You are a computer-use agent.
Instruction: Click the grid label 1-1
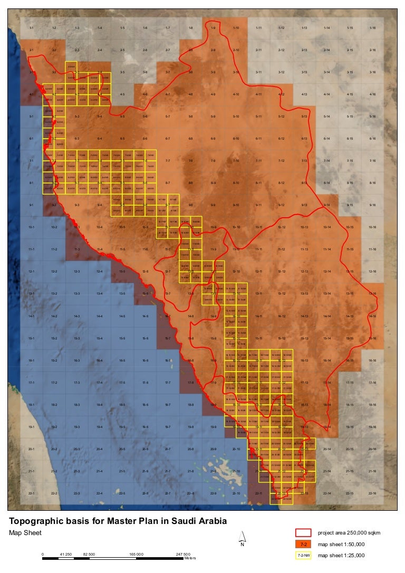point(32,27)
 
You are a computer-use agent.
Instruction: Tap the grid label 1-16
point(372,27)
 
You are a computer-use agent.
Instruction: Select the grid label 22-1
point(32,493)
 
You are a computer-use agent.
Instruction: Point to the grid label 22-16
point(372,493)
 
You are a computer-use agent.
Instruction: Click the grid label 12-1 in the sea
point(32,271)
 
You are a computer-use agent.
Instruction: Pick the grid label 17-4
point(100,382)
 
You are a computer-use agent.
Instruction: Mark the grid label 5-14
point(327,116)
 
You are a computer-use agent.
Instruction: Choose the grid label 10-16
point(372,227)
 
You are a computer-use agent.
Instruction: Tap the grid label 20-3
point(77,449)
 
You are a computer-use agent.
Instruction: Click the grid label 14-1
point(32,316)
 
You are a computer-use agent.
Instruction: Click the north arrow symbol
point(242,538)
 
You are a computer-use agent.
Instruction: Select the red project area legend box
point(304,532)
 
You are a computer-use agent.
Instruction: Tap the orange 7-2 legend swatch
point(304,543)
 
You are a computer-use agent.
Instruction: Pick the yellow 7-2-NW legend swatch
point(304,555)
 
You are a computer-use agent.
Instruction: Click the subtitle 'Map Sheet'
point(25,532)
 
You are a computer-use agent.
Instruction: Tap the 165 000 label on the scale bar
point(136,554)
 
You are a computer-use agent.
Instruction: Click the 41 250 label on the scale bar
point(66,554)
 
